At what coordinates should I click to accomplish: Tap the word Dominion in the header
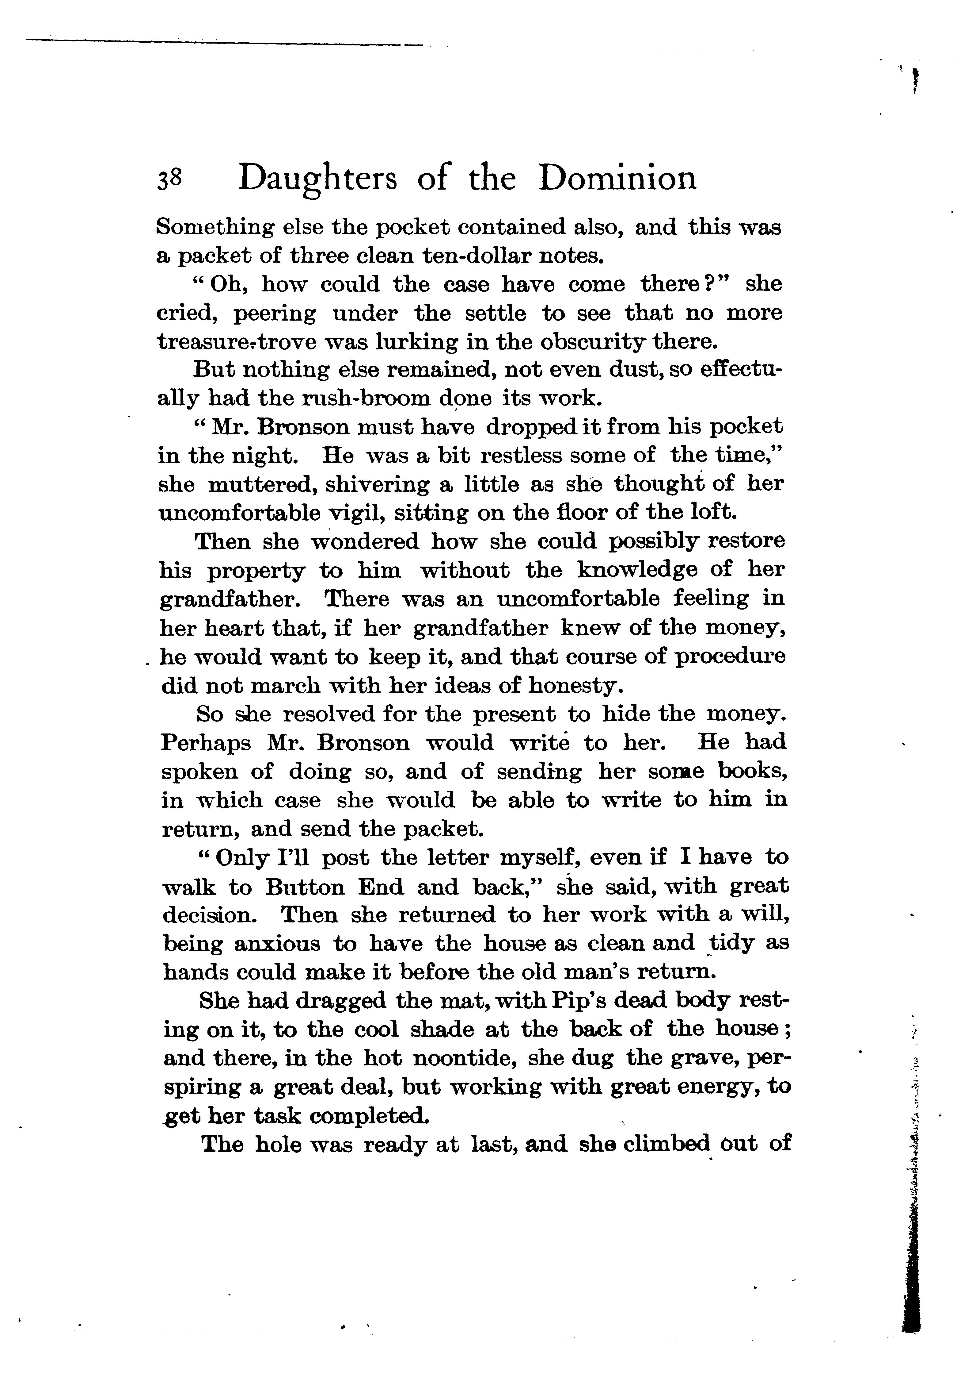pyautogui.click(x=617, y=178)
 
